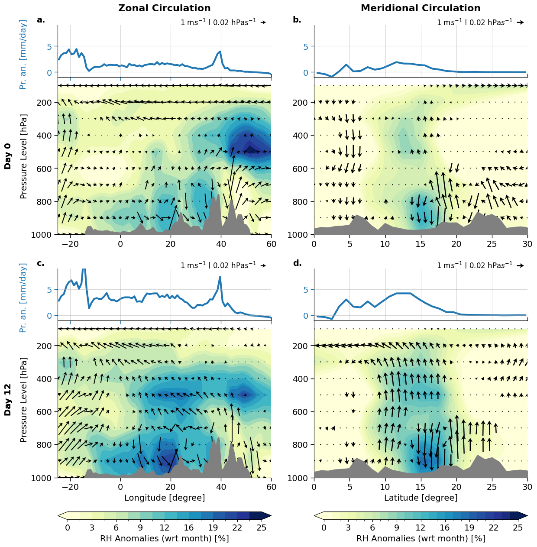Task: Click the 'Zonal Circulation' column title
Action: [x=164, y=8]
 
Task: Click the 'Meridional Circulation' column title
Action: [x=421, y=8]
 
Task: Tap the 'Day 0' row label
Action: [x=8, y=156]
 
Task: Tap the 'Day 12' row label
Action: [x=8, y=400]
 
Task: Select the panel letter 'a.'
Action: [x=41, y=19]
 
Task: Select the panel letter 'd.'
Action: [x=297, y=263]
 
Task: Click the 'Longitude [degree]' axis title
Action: [x=165, y=498]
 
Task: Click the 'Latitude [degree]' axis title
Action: [x=421, y=498]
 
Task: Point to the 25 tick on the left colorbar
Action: [x=261, y=528]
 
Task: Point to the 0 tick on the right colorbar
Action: [x=324, y=528]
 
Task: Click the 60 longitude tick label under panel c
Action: [x=271, y=487]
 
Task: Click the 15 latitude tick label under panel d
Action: [x=421, y=487]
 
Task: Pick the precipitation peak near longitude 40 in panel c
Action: [x=220, y=277]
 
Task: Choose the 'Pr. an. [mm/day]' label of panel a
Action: [x=23, y=54]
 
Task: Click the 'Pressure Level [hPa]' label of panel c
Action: [x=23, y=400]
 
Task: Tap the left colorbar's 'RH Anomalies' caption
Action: [x=165, y=538]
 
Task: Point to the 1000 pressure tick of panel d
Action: [x=302, y=478]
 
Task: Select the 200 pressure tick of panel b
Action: [x=302, y=103]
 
